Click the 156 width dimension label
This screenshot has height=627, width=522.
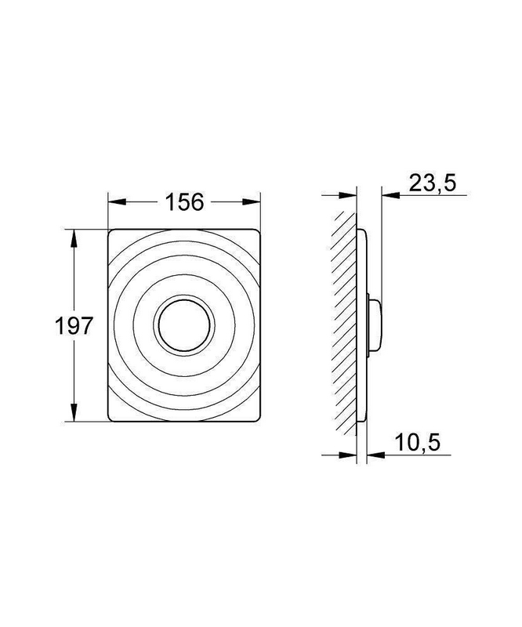184,202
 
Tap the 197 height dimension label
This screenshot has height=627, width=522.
74,325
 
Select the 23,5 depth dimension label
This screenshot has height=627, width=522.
433,183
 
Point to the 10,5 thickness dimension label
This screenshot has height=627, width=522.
418,443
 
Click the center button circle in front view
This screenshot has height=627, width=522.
184,325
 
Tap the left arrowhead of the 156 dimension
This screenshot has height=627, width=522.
117,202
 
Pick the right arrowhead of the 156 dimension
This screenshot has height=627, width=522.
252,202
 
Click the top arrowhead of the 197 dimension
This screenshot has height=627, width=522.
74,239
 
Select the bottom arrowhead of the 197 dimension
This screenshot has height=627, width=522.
74,412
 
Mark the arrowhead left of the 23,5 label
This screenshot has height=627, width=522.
391,195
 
